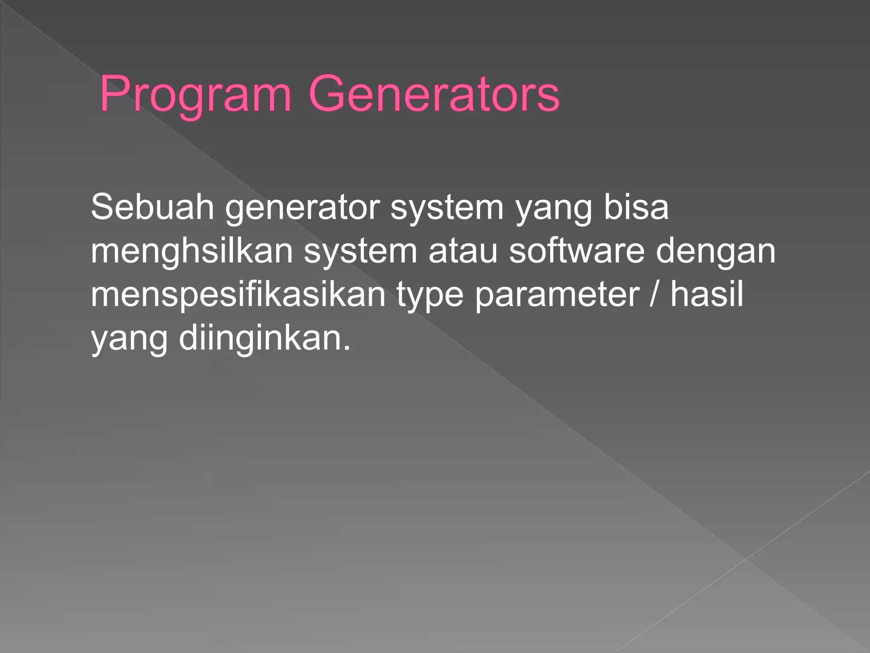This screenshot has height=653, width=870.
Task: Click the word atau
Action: (463, 251)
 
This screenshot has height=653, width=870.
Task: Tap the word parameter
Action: (557, 295)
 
